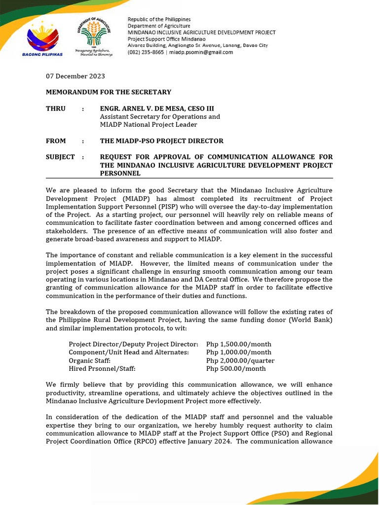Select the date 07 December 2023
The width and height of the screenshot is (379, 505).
(x=75, y=76)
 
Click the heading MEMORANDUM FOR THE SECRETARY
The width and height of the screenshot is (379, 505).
(x=109, y=92)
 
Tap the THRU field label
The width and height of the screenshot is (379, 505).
(x=56, y=108)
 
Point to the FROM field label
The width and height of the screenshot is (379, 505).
(x=56, y=141)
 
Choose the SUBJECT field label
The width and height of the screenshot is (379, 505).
(x=60, y=157)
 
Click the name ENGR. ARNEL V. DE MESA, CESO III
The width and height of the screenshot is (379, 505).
(x=157, y=108)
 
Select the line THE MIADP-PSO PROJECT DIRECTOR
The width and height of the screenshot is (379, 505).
(x=161, y=141)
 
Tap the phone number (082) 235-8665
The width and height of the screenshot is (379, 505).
(x=146, y=52)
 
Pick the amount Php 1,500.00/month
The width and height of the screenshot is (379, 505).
(x=238, y=344)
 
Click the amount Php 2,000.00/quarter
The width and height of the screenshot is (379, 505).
(x=240, y=361)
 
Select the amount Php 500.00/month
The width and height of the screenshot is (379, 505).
(x=236, y=368)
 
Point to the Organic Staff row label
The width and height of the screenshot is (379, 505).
(x=89, y=361)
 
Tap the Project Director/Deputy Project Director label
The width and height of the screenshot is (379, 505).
(x=133, y=344)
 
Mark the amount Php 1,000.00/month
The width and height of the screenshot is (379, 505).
(x=238, y=352)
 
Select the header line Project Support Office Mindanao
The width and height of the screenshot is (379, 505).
(x=167, y=39)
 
